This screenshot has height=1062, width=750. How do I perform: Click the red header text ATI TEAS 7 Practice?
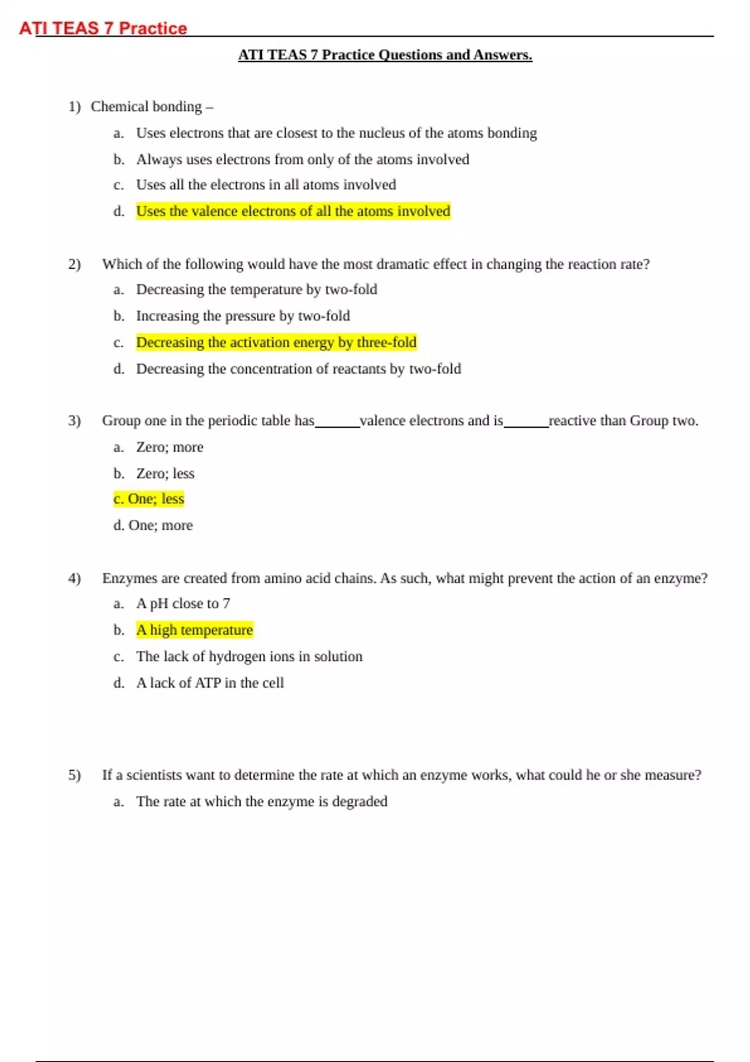pyautogui.click(x=103, y=28)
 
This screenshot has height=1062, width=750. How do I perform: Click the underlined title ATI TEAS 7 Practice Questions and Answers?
pyautogui.click(x=385, y=55)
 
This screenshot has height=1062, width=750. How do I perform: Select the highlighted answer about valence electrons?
pyautogui.click(x=293, y=211)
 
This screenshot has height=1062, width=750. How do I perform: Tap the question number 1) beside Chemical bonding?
pyautogui.click(x=74, y=107)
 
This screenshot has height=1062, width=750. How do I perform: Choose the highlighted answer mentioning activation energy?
pyautogui.click(x=276, y=342)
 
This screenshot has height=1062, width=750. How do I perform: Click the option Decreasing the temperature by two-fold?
pyautogui.click(x=256, y=290)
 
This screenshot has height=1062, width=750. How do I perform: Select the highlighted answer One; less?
pyautogui.click(x=149, y=499)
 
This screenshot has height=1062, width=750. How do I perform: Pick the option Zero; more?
pyautogui.click(x=169, y=447)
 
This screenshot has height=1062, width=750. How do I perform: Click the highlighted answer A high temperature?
pyautogui.click(x=194, y=630)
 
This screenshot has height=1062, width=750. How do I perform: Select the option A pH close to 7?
pyautogui.click(x=183, y=603)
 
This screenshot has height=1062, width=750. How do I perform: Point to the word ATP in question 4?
pyautogui.click(x=207, y=683)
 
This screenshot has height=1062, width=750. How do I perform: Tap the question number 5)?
pyautogui.click(x=74, y=775)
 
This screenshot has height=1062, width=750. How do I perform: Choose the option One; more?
pyautogui.click(x=160, y=525)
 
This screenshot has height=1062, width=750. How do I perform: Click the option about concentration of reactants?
pyautogui.click(x=298, y=369)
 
